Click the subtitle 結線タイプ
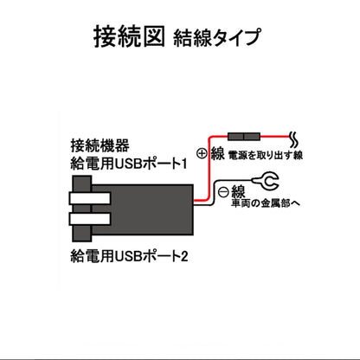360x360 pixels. (x=216, y=39)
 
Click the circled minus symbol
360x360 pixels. (x=223, y=191)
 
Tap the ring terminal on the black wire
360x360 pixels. (x=267, y=182)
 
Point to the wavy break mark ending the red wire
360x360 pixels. (x=293, y=138)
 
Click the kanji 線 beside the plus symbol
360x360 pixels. (x=218, y=154)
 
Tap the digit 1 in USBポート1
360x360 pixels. (x=184, y=163)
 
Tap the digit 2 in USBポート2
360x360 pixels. (x=184, y=256)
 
